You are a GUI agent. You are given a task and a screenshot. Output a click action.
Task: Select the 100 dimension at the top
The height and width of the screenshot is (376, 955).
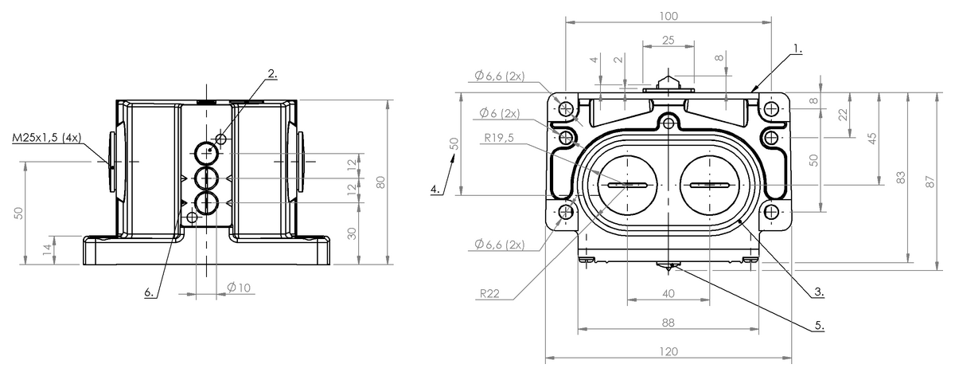coord(668,16)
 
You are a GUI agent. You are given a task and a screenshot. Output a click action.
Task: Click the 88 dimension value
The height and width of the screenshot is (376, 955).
coord(668,323)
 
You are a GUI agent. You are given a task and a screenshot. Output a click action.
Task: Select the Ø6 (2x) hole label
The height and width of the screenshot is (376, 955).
coord(499,112)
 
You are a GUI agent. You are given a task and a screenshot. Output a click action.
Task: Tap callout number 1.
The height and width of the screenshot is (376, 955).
coord(797,48)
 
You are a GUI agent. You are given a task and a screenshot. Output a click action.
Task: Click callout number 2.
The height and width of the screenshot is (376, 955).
coord(272,74)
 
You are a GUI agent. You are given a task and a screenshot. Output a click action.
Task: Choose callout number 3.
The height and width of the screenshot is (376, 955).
coord(818,292)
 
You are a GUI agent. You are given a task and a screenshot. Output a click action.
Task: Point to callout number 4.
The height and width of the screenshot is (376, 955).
coord(435,190)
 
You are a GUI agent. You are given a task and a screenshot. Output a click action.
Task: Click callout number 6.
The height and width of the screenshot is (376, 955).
coord(149,292)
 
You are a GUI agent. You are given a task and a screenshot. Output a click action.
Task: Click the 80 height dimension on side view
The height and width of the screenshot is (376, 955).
coord(381,182)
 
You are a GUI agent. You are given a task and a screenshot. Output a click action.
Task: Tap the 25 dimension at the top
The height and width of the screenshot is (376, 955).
coord(668,40)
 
